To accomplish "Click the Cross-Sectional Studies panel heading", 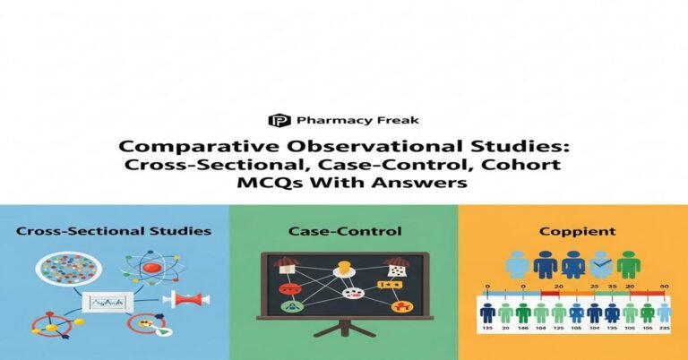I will tap(114, 231).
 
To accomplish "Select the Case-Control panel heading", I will tap(343, 231).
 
